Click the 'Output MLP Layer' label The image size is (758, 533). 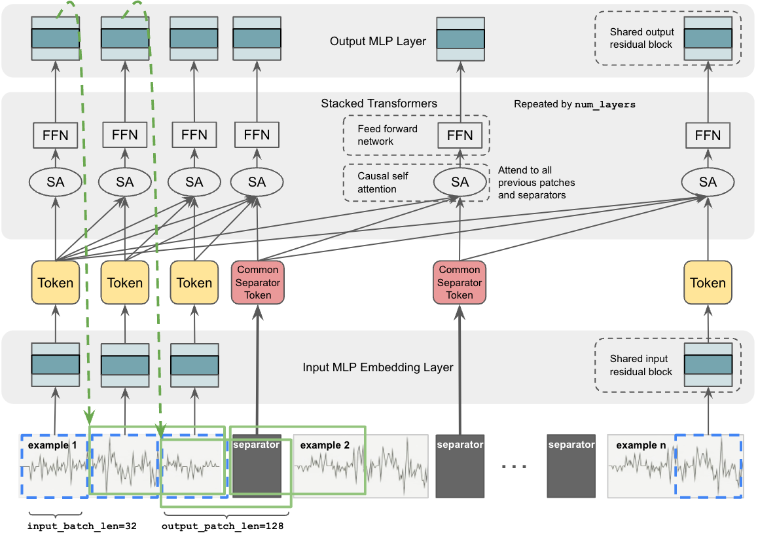378,41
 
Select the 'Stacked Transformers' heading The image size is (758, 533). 379,103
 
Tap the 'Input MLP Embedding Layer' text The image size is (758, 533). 378,367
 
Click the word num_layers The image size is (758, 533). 605,104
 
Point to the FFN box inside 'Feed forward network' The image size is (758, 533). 460,136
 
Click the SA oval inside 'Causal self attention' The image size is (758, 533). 460,182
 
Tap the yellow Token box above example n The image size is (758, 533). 708,283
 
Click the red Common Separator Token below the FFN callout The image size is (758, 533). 460,282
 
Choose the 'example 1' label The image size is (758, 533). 52,445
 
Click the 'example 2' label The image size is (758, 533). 325,445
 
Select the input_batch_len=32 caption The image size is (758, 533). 82,525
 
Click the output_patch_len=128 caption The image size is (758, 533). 222,525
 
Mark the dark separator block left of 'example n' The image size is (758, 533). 571,466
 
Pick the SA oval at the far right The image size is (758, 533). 708,182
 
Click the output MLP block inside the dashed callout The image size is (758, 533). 708,38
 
